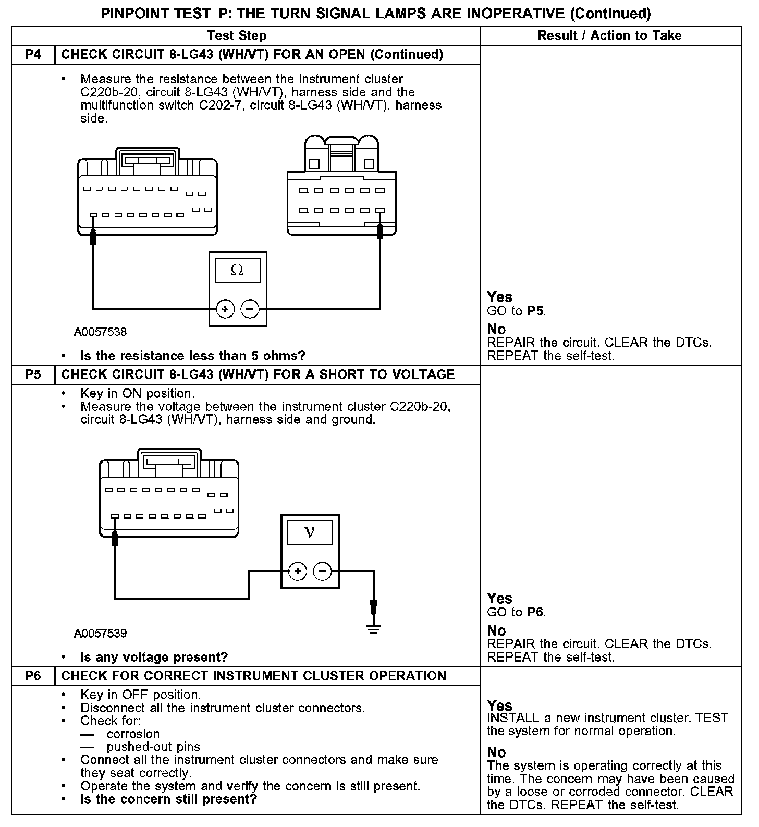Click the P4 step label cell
click(33, 55)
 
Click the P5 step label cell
click(33, 375)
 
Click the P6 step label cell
click(33, 676)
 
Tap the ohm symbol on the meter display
click(237, 270)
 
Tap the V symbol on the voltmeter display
click(310, 532)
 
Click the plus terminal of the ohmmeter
click(225, 309)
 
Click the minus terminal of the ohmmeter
click(250, 309)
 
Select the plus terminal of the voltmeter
click(298, 571)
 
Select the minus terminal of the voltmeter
click(323, 571)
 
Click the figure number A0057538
click(100, 332)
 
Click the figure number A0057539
click(100, 634)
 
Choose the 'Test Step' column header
click(237, 36)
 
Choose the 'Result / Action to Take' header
click(609, 36)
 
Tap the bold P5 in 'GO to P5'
click(536, 311)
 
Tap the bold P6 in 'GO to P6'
click(536, 612)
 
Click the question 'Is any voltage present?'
click(154, 657)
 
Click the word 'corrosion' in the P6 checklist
click(133, 734)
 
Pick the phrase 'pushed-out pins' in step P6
click(153, 747)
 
